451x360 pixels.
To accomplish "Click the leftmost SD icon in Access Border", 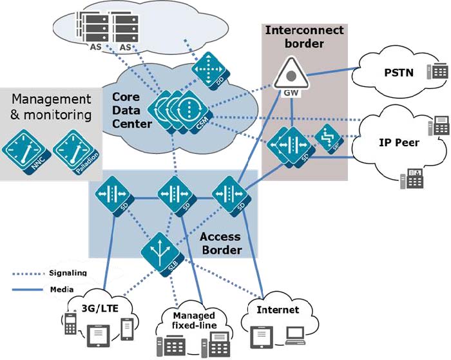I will pos(113,195).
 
